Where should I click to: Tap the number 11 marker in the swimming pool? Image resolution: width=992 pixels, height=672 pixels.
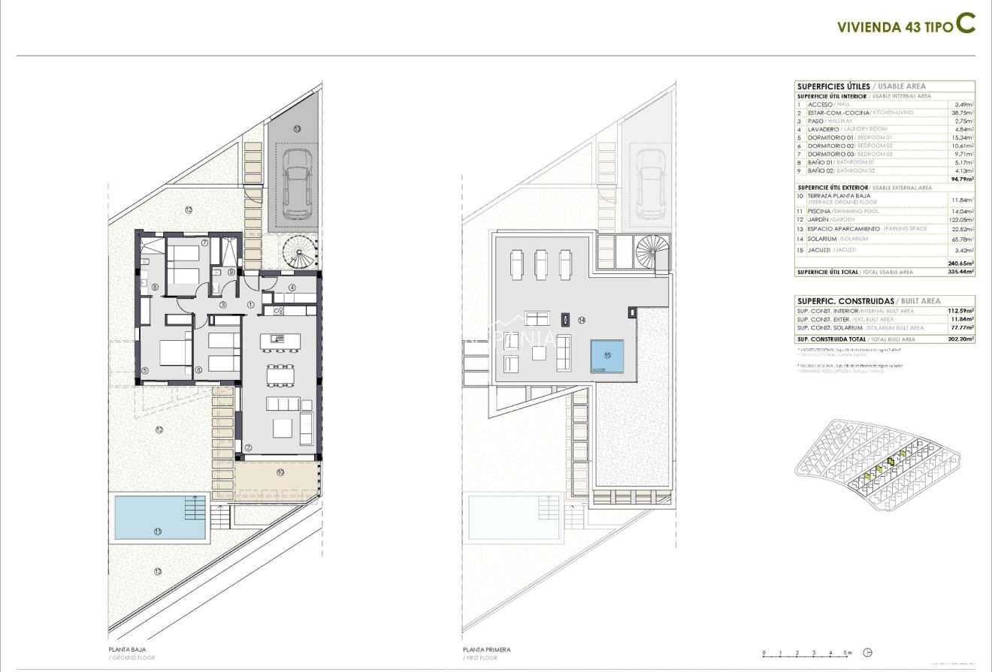click(158, 531)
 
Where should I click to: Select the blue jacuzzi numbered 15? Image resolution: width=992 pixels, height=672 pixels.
click(606, 357)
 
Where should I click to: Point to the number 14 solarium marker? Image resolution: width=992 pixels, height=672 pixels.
click(582, 320)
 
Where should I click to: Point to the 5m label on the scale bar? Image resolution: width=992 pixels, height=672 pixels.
click(847, 653)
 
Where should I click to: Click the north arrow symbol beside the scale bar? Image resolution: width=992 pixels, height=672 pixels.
click(869, 652)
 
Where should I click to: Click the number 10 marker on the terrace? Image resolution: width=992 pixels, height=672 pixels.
click(280, 472)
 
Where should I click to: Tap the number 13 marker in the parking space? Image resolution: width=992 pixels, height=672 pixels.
click(297, 129)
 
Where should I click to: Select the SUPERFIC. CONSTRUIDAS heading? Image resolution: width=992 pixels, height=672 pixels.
click(845, 300)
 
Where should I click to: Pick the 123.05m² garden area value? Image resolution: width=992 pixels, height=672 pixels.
click(961, 220)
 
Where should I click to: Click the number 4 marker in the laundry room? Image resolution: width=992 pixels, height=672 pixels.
click(292, 288)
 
